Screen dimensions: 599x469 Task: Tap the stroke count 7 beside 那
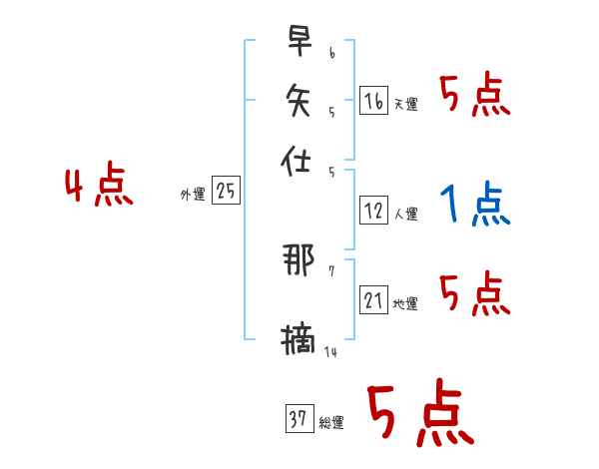[x=331, y=271]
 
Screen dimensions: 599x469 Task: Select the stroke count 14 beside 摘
[x=330, y=351]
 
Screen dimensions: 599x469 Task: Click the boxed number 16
[x=373, y=101]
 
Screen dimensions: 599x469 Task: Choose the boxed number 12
[x=373, y=211]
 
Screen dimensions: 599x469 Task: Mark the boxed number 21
[x=373, y=300]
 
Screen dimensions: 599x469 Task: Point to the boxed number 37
[x=298, y=420]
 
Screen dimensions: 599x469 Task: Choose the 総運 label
[x=331, y=423]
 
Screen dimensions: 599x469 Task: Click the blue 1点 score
[x=474, y=205]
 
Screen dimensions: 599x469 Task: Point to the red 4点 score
[x=99, y=188]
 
